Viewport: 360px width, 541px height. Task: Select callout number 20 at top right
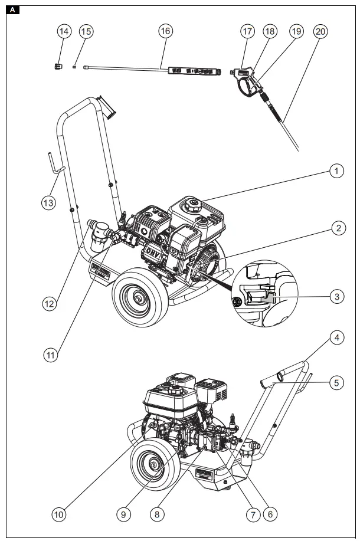point(320,31)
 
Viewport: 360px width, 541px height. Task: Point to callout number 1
point(336,172)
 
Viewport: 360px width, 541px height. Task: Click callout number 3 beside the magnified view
point(336,296)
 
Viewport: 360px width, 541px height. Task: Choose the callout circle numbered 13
point(48,202)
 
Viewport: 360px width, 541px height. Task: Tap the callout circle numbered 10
point(58,514)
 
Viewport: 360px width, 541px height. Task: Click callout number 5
point(336,382)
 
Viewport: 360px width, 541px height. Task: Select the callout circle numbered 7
point(252,514)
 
